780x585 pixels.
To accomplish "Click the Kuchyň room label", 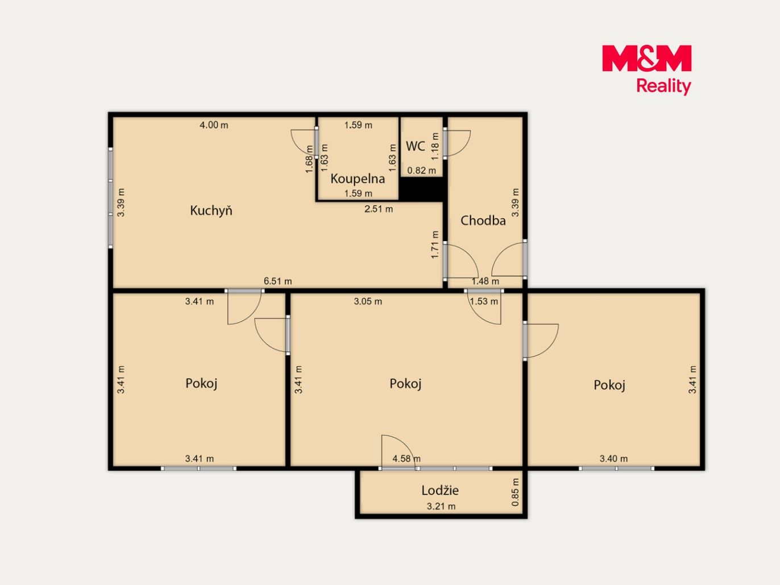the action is click(211, 210).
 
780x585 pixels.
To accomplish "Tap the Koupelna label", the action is click(358, 179).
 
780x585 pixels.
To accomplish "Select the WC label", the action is click(416, 146).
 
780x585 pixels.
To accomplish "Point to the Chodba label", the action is click(483, 221).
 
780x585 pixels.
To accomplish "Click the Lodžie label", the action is click(440, 491).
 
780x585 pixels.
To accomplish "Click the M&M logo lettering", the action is click(647, 58).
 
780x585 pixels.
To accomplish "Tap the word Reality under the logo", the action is click(663, 86).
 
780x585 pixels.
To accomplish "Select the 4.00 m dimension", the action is click(214, 125).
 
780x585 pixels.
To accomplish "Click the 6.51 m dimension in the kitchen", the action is click(277, 281).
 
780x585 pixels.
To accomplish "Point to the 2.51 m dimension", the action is click(379, 209).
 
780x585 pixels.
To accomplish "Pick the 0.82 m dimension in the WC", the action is click(421, 171).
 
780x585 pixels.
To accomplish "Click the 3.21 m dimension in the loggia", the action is click(441, 506).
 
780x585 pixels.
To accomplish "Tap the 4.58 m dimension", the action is click(406, 459).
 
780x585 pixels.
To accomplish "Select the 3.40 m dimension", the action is click(613, 459).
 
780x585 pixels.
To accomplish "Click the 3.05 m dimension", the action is click(368, 301).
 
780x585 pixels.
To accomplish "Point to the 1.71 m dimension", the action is click(435, 244).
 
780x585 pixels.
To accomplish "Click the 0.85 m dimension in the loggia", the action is click(515, 492).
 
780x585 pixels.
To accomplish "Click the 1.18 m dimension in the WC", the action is click(435, 146).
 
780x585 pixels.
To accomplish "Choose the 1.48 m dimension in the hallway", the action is click(485, 281).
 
